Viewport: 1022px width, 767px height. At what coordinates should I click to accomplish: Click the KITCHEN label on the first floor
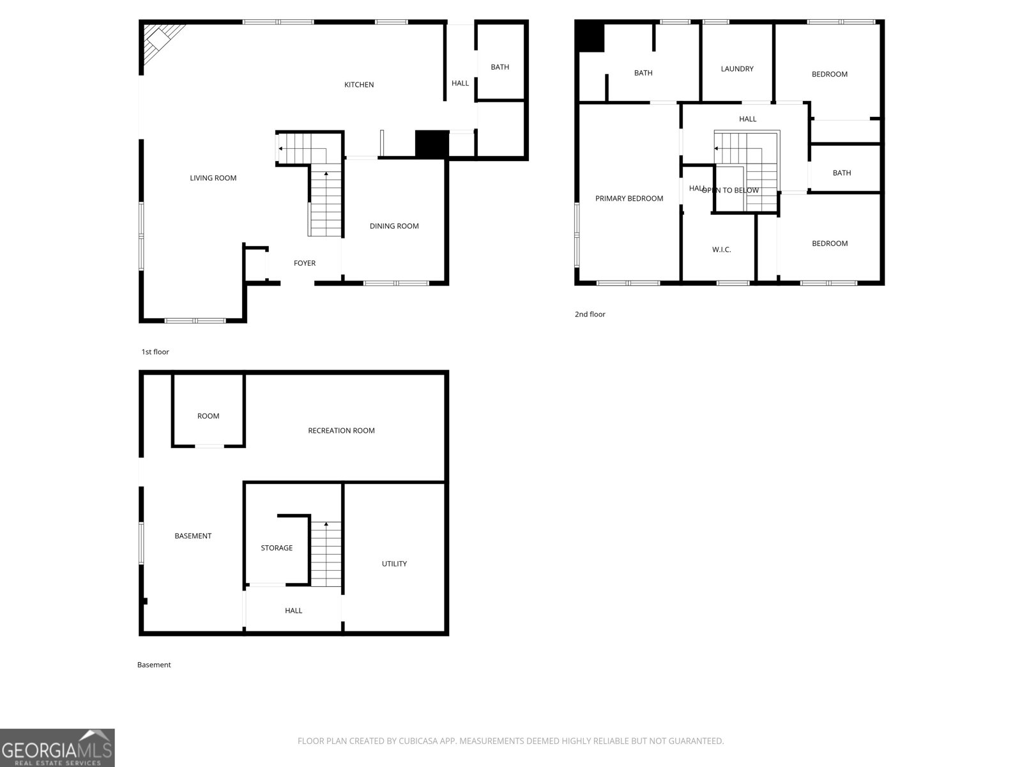click(359, 85)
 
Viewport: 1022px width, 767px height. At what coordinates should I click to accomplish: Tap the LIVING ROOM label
click(213, 178)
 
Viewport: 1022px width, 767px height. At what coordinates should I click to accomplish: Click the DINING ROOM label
click(394, 226)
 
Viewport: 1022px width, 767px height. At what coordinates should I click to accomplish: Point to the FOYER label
click(305, 263)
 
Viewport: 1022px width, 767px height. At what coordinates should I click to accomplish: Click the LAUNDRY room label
click(737, 69)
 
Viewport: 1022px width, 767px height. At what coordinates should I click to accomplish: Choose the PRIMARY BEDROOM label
click(629, 199)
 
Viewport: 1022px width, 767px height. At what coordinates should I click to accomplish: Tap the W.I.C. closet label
click(722, 250)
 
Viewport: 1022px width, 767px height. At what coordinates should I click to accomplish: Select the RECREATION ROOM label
click(341, 431)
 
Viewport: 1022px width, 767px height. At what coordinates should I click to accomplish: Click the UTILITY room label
click(394, 564)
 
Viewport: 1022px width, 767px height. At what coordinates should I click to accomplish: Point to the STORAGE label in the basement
click(277, 548)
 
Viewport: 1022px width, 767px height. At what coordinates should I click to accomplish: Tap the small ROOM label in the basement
click(208, 416)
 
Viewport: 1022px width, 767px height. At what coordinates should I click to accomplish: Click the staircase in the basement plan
click(326, 554)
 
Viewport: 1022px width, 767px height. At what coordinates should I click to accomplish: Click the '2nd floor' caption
click(590, 314)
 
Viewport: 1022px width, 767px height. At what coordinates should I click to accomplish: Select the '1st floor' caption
click(155, 352)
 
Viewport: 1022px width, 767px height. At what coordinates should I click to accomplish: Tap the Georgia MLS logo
click(57, 748)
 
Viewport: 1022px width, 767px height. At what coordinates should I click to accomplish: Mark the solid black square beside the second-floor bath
click(590, 36)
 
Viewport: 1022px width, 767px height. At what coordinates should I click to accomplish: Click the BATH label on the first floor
click(500, 67)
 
